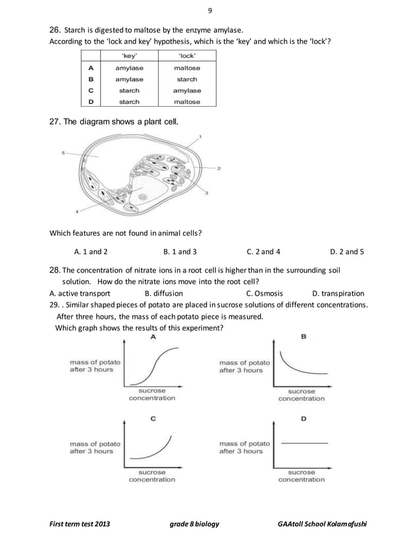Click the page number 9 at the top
210,11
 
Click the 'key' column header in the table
129,57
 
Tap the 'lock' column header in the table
187,57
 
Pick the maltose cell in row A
187,68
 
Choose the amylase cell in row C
187,90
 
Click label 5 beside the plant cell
64,153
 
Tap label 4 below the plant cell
76,211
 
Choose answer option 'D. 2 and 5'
346,251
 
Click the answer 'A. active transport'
80,293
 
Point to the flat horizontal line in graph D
304,443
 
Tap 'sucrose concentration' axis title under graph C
152,476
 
